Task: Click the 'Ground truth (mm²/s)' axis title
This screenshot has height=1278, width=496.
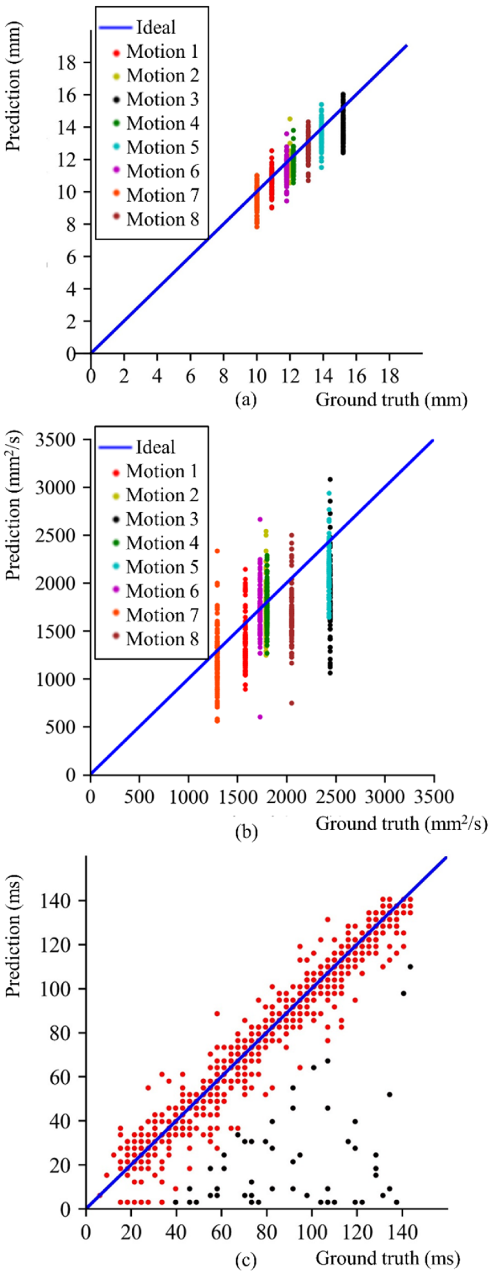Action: click(x=401, y=824)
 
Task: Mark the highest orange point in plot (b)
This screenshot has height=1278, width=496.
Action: click(x=217, y=551)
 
